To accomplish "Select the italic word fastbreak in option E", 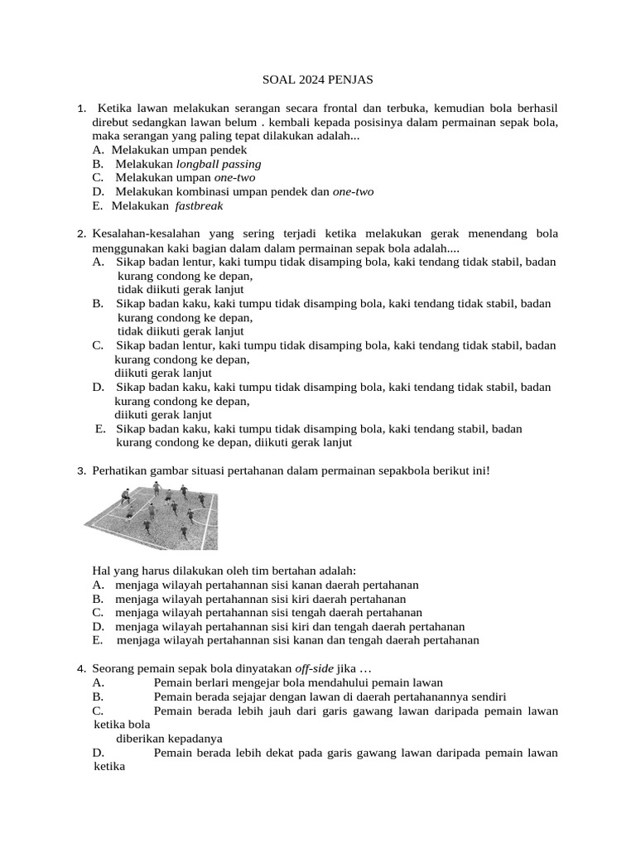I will click(200, 205).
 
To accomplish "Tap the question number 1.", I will click(80, 109).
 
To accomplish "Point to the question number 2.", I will click(80, 234).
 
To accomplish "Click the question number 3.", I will click(80, 471).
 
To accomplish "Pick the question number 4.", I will click(80, 669).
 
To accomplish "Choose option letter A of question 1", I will click(98, 150).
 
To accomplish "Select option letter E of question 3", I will click(98, 640).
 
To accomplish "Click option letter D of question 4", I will click(98, 753).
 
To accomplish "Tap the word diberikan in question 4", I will click(142, 739).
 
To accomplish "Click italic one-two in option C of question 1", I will click(237, 178).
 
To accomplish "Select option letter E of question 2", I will click(100, 429).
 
